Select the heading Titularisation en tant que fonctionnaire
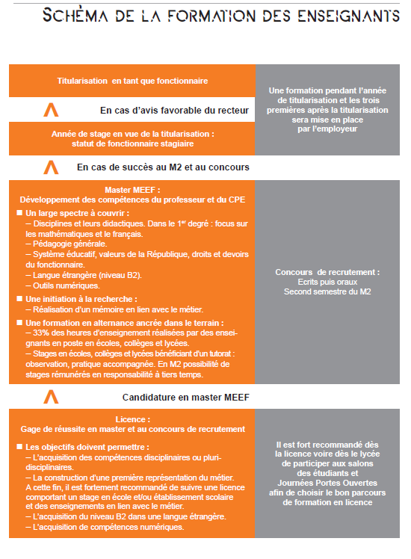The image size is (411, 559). coord(132,80)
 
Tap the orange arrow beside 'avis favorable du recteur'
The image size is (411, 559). coord(51,110)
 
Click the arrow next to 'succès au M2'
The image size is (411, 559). coord(51,167)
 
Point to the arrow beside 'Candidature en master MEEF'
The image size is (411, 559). coord(51,395)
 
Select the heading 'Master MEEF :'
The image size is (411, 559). coord(132,190)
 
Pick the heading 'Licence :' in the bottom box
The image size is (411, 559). coord(132,420)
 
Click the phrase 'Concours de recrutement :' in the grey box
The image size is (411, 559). coord(327,272)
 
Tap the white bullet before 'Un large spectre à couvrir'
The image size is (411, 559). coord(19,214)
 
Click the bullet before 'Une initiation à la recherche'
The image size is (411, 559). coord(19,298)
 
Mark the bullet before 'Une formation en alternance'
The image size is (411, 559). coord(19,322)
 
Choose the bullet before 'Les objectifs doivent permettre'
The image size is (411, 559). coord(19,446)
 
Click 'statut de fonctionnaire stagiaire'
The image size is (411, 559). coord(132,143)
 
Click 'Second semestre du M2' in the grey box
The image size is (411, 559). coord(327,291)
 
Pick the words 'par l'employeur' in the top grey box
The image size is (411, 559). coord(327,129)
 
